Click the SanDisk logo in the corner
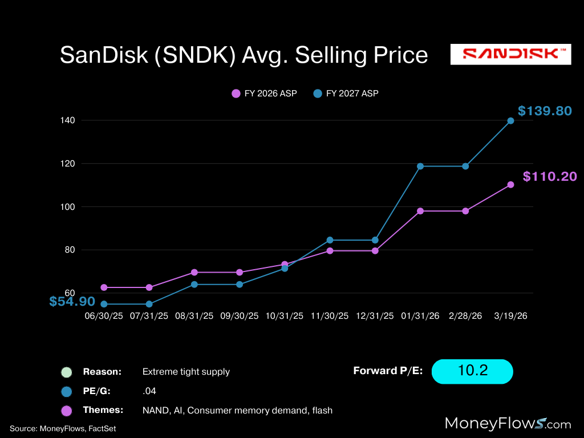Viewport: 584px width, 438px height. tap(510, 55)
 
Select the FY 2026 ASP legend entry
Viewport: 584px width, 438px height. tap(264, 94)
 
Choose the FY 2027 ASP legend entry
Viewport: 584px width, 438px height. tap(346, 94)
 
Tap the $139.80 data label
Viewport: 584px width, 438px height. tap(544, 111)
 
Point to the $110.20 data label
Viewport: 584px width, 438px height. tap(549, 177)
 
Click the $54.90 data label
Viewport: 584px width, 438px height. tap(72, 302)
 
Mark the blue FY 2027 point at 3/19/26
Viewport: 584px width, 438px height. tap(510, 121)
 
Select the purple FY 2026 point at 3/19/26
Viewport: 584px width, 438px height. tap(510, 185)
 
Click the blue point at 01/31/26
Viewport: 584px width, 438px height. tap(420, 167)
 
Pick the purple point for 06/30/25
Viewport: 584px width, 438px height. tap(104, 287)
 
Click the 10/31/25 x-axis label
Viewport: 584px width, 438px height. tap(285, 315)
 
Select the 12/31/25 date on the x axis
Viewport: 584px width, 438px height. tap(375, 315)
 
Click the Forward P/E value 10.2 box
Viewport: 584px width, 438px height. tap(472, 371)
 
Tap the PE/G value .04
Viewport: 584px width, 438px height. tap(149, 391)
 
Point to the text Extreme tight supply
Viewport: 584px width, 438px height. tap(186, 372)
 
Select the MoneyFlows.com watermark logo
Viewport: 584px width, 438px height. tap(508, 424)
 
